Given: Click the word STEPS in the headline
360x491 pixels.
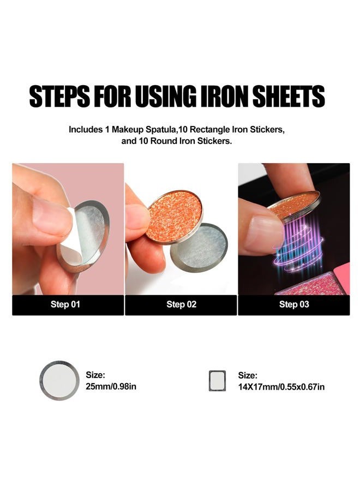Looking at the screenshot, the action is click(59, 96).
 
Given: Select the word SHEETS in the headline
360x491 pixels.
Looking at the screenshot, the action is click(289, 96).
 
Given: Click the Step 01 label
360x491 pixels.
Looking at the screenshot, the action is click(65, 304).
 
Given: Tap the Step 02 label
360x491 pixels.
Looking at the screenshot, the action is click(181, 304).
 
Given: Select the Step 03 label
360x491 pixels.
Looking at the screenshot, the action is click(294, 304).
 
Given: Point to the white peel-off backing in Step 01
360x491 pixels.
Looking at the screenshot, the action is click(75, 238).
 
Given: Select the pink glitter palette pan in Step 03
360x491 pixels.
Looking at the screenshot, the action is click(310, 284).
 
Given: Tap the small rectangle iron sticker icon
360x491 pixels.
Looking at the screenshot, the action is click(217, 381).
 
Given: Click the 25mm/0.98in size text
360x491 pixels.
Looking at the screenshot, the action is click(111, 386).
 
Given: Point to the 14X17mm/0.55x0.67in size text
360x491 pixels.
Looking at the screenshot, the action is click(281, 387).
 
